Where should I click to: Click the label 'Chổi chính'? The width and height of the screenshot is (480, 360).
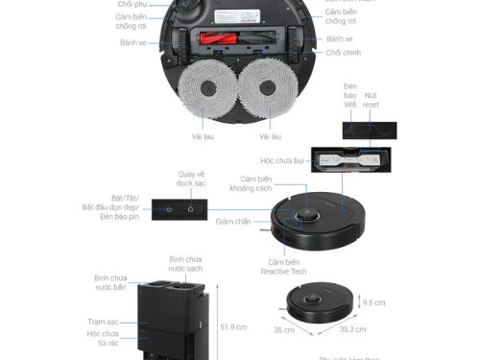click(341, 53)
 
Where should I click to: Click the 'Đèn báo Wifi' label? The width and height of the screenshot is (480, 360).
click(351, 96)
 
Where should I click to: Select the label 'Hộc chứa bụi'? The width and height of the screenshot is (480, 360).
click(282, 160)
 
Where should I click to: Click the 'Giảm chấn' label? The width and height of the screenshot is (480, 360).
click(233, 222)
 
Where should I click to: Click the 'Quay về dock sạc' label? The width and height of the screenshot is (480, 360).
click(192, 180)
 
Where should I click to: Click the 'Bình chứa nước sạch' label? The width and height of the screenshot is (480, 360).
click(185, 264)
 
